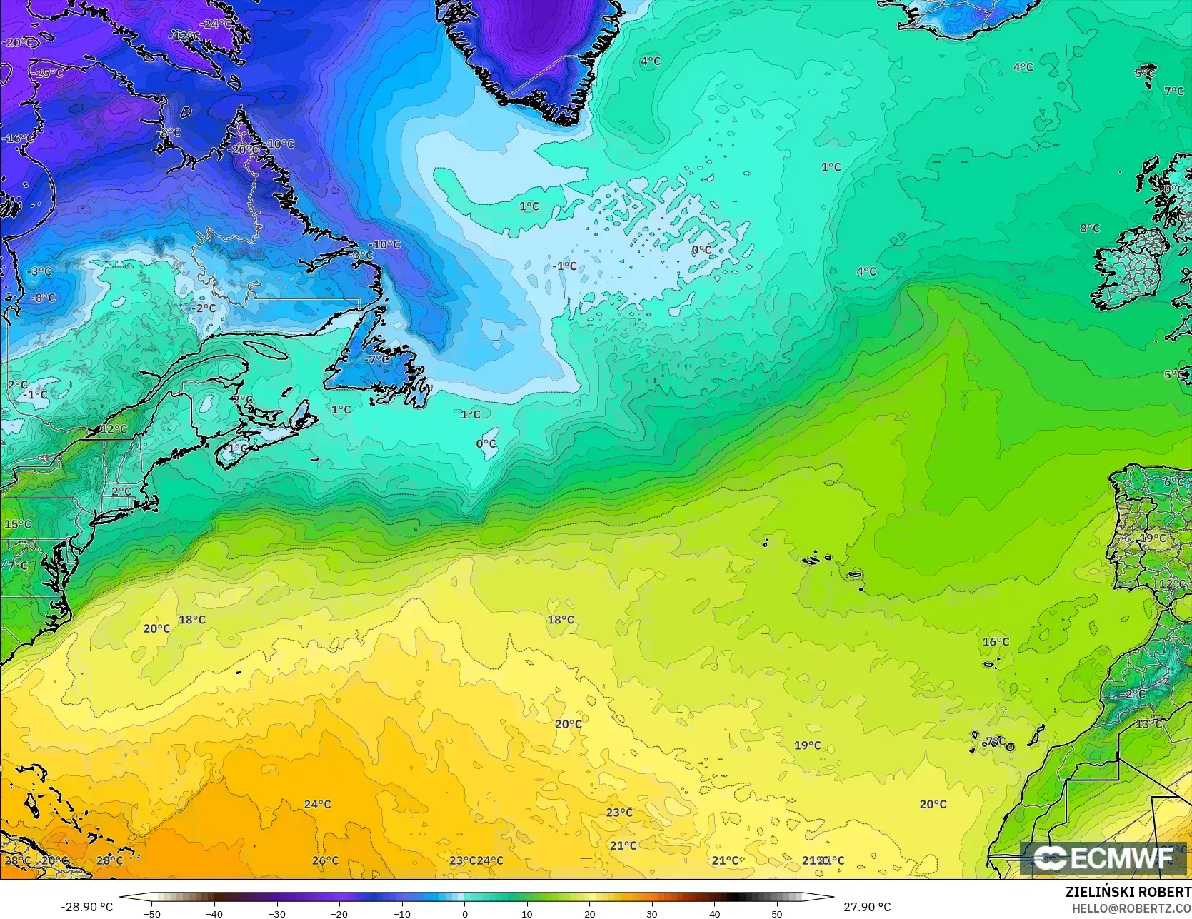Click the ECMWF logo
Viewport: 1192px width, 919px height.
[x=1103, y=858]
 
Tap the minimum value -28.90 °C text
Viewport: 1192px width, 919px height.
[x=87, y=907]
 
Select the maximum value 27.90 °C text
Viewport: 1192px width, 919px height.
[x=867, y=907]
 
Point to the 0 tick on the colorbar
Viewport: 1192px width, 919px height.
[x=464, y=913]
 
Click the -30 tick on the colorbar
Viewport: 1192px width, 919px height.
[x=276, y=913]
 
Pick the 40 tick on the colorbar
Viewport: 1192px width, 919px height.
[x=714, y=913]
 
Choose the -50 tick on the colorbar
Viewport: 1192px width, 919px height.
[x=151, y=913]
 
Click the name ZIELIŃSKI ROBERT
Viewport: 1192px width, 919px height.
[x=1128, y=892]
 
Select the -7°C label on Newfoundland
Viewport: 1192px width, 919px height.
[x=376, y=360]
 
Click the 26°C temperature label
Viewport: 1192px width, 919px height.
[x=325, y=860]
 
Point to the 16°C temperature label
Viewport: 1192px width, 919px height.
[x=996, y=642]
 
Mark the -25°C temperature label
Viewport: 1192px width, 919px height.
[x=48, y=73]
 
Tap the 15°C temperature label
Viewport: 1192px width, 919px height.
[x=18, y=524]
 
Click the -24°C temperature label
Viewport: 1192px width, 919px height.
[x=216, y=24]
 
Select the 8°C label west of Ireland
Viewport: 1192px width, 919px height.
[x=1090, y=229]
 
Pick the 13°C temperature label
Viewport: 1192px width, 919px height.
[x=1149, y=724]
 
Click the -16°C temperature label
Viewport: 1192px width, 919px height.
[x=18, y=138]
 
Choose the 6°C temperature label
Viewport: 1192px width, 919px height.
[x=1173, y=483]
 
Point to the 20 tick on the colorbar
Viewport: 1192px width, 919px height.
[x=589, y=913]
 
